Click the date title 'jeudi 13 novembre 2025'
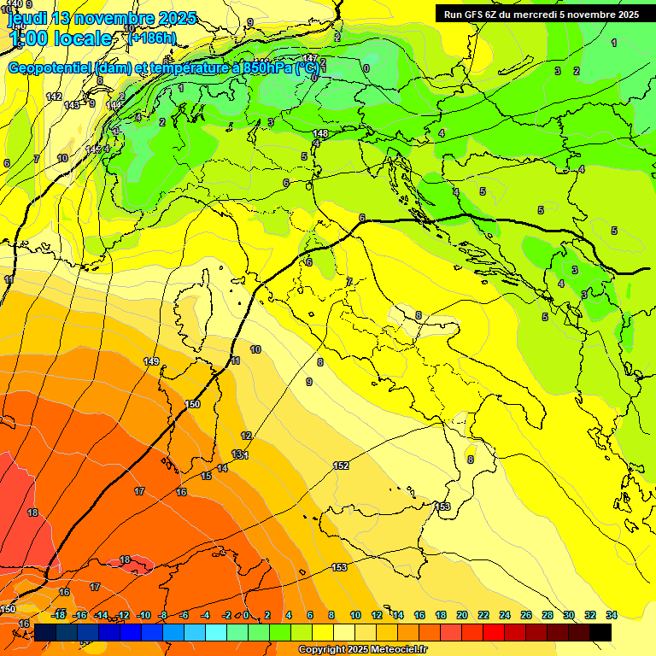pyautogui.click(x=102, y=18)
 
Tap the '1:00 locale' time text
pyautogui.click(x=60, y=38)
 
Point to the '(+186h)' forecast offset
pyautogui.click(x=153, y=38)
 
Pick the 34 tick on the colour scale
pyautogui.click(x=612, y=615)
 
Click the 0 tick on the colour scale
pyautogui.click(x=246, y=615)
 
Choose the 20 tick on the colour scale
pyautogui.click(x=462, y=615)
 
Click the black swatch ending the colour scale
pyautogui.click(x=600, y=632)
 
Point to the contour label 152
pyautogui.click(x=341, y=466)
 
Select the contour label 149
pyautogui.click(x=152, y=361)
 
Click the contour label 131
pyautogui.click(x=240, y=454)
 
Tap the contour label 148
pyautogui.click(x=320, y=134)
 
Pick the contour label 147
pyautogui.click(x=310, y=58)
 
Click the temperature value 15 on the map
pyautogui.click(x=206, y=476)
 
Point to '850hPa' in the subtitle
pyautogui.click(x=263, y=67)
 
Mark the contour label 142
pyautogui.click(x=54, y=97)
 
